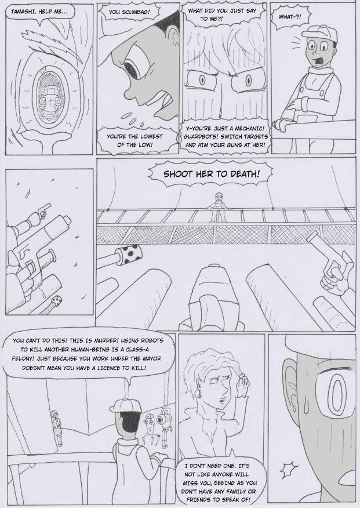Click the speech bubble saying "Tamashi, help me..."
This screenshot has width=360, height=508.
[39, 13]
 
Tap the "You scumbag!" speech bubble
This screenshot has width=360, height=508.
[129, 12]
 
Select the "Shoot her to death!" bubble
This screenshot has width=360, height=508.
[212, 175]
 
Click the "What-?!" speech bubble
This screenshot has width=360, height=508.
[289, 16]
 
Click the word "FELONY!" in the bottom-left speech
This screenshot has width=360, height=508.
[23, 359]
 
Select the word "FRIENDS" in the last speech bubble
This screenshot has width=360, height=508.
[198, 499]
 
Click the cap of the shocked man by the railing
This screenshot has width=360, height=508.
[319, 33]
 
